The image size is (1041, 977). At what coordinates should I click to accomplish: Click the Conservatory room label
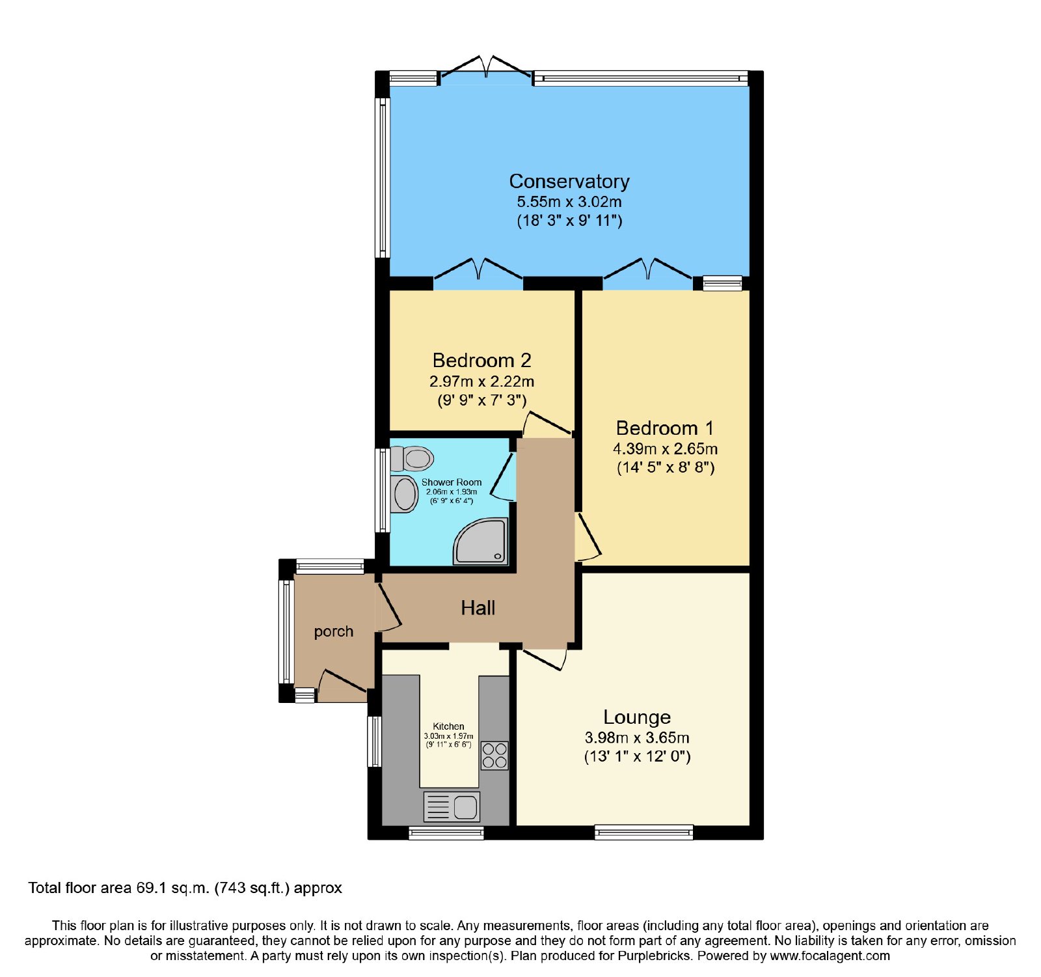click(569, 181)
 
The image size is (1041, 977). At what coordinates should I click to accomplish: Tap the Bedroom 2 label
click(481, 360)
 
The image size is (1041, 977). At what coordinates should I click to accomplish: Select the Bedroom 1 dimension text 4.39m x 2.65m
click(665, 448)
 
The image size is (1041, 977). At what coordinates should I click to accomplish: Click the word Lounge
click(637, 717)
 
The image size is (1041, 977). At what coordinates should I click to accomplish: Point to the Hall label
click(478, 608)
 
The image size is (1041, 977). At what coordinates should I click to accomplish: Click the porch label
click(334, 631)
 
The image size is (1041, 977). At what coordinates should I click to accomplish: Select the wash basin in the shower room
click(405, 494)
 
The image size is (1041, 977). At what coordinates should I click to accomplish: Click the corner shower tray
click(480, 541)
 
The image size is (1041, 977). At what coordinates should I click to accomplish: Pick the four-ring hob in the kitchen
click(494, 756)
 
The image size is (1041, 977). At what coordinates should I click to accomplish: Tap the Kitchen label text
click(449, 726)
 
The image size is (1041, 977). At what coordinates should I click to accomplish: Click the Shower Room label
click(452, 482)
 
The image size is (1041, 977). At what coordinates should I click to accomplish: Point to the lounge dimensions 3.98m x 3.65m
click(637, 737)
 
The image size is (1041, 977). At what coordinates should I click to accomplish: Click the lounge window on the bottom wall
click(644, 832)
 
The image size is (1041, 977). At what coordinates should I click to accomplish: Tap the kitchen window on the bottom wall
click(446, 833)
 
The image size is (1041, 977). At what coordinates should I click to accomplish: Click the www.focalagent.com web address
click(830, 956)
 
